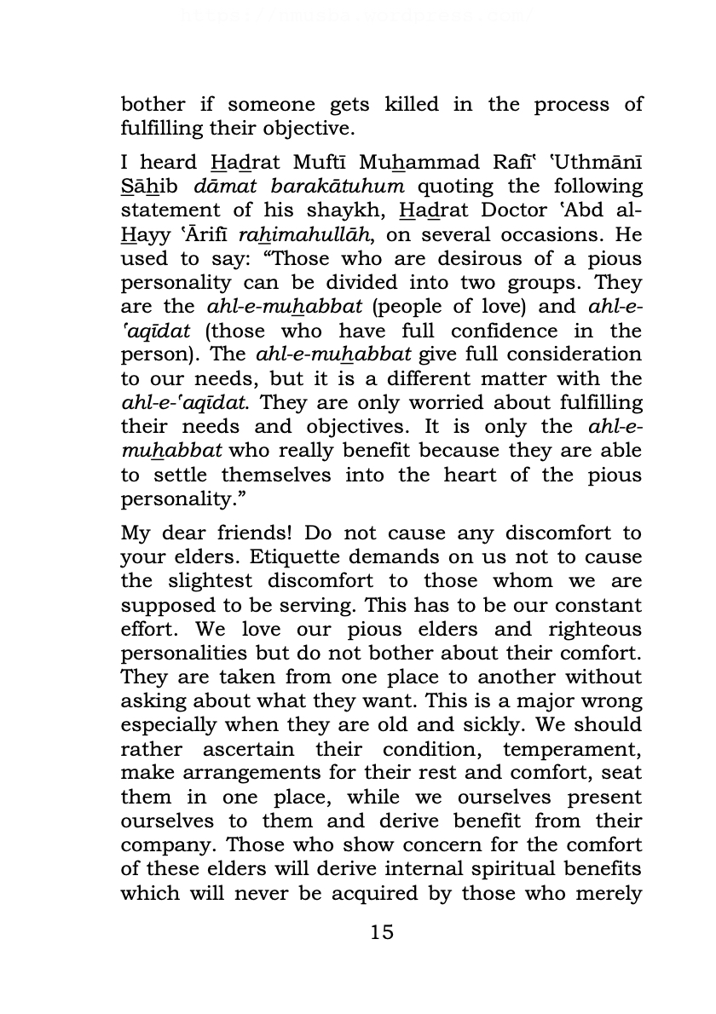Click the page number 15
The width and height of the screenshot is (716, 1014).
pos(383,932)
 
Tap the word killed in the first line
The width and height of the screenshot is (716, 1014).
pos(412,105)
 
